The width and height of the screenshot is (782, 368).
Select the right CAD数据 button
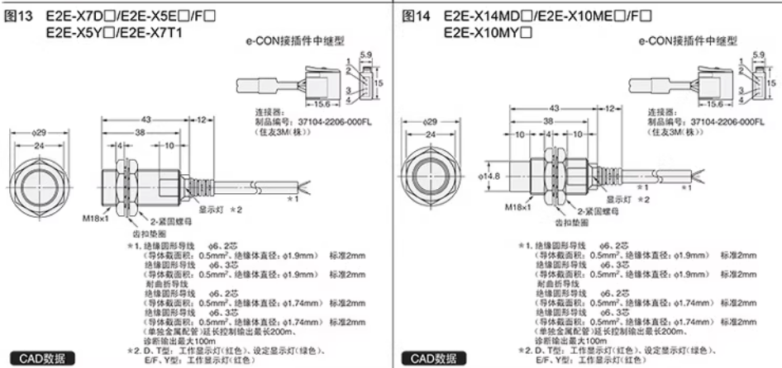coord(428,358)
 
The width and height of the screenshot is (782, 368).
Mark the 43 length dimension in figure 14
coord(555,107)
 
